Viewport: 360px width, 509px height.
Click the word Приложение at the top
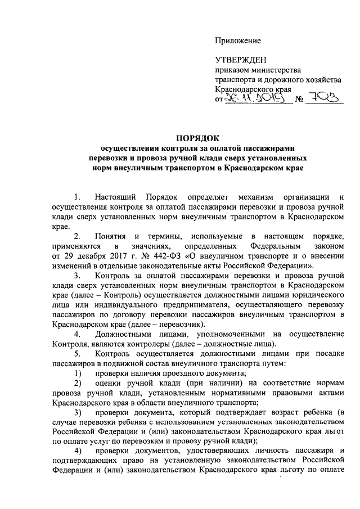click(239, 40)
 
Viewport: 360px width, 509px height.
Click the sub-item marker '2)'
click(78, 382)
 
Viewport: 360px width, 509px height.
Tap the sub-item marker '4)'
click(78, 451)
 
